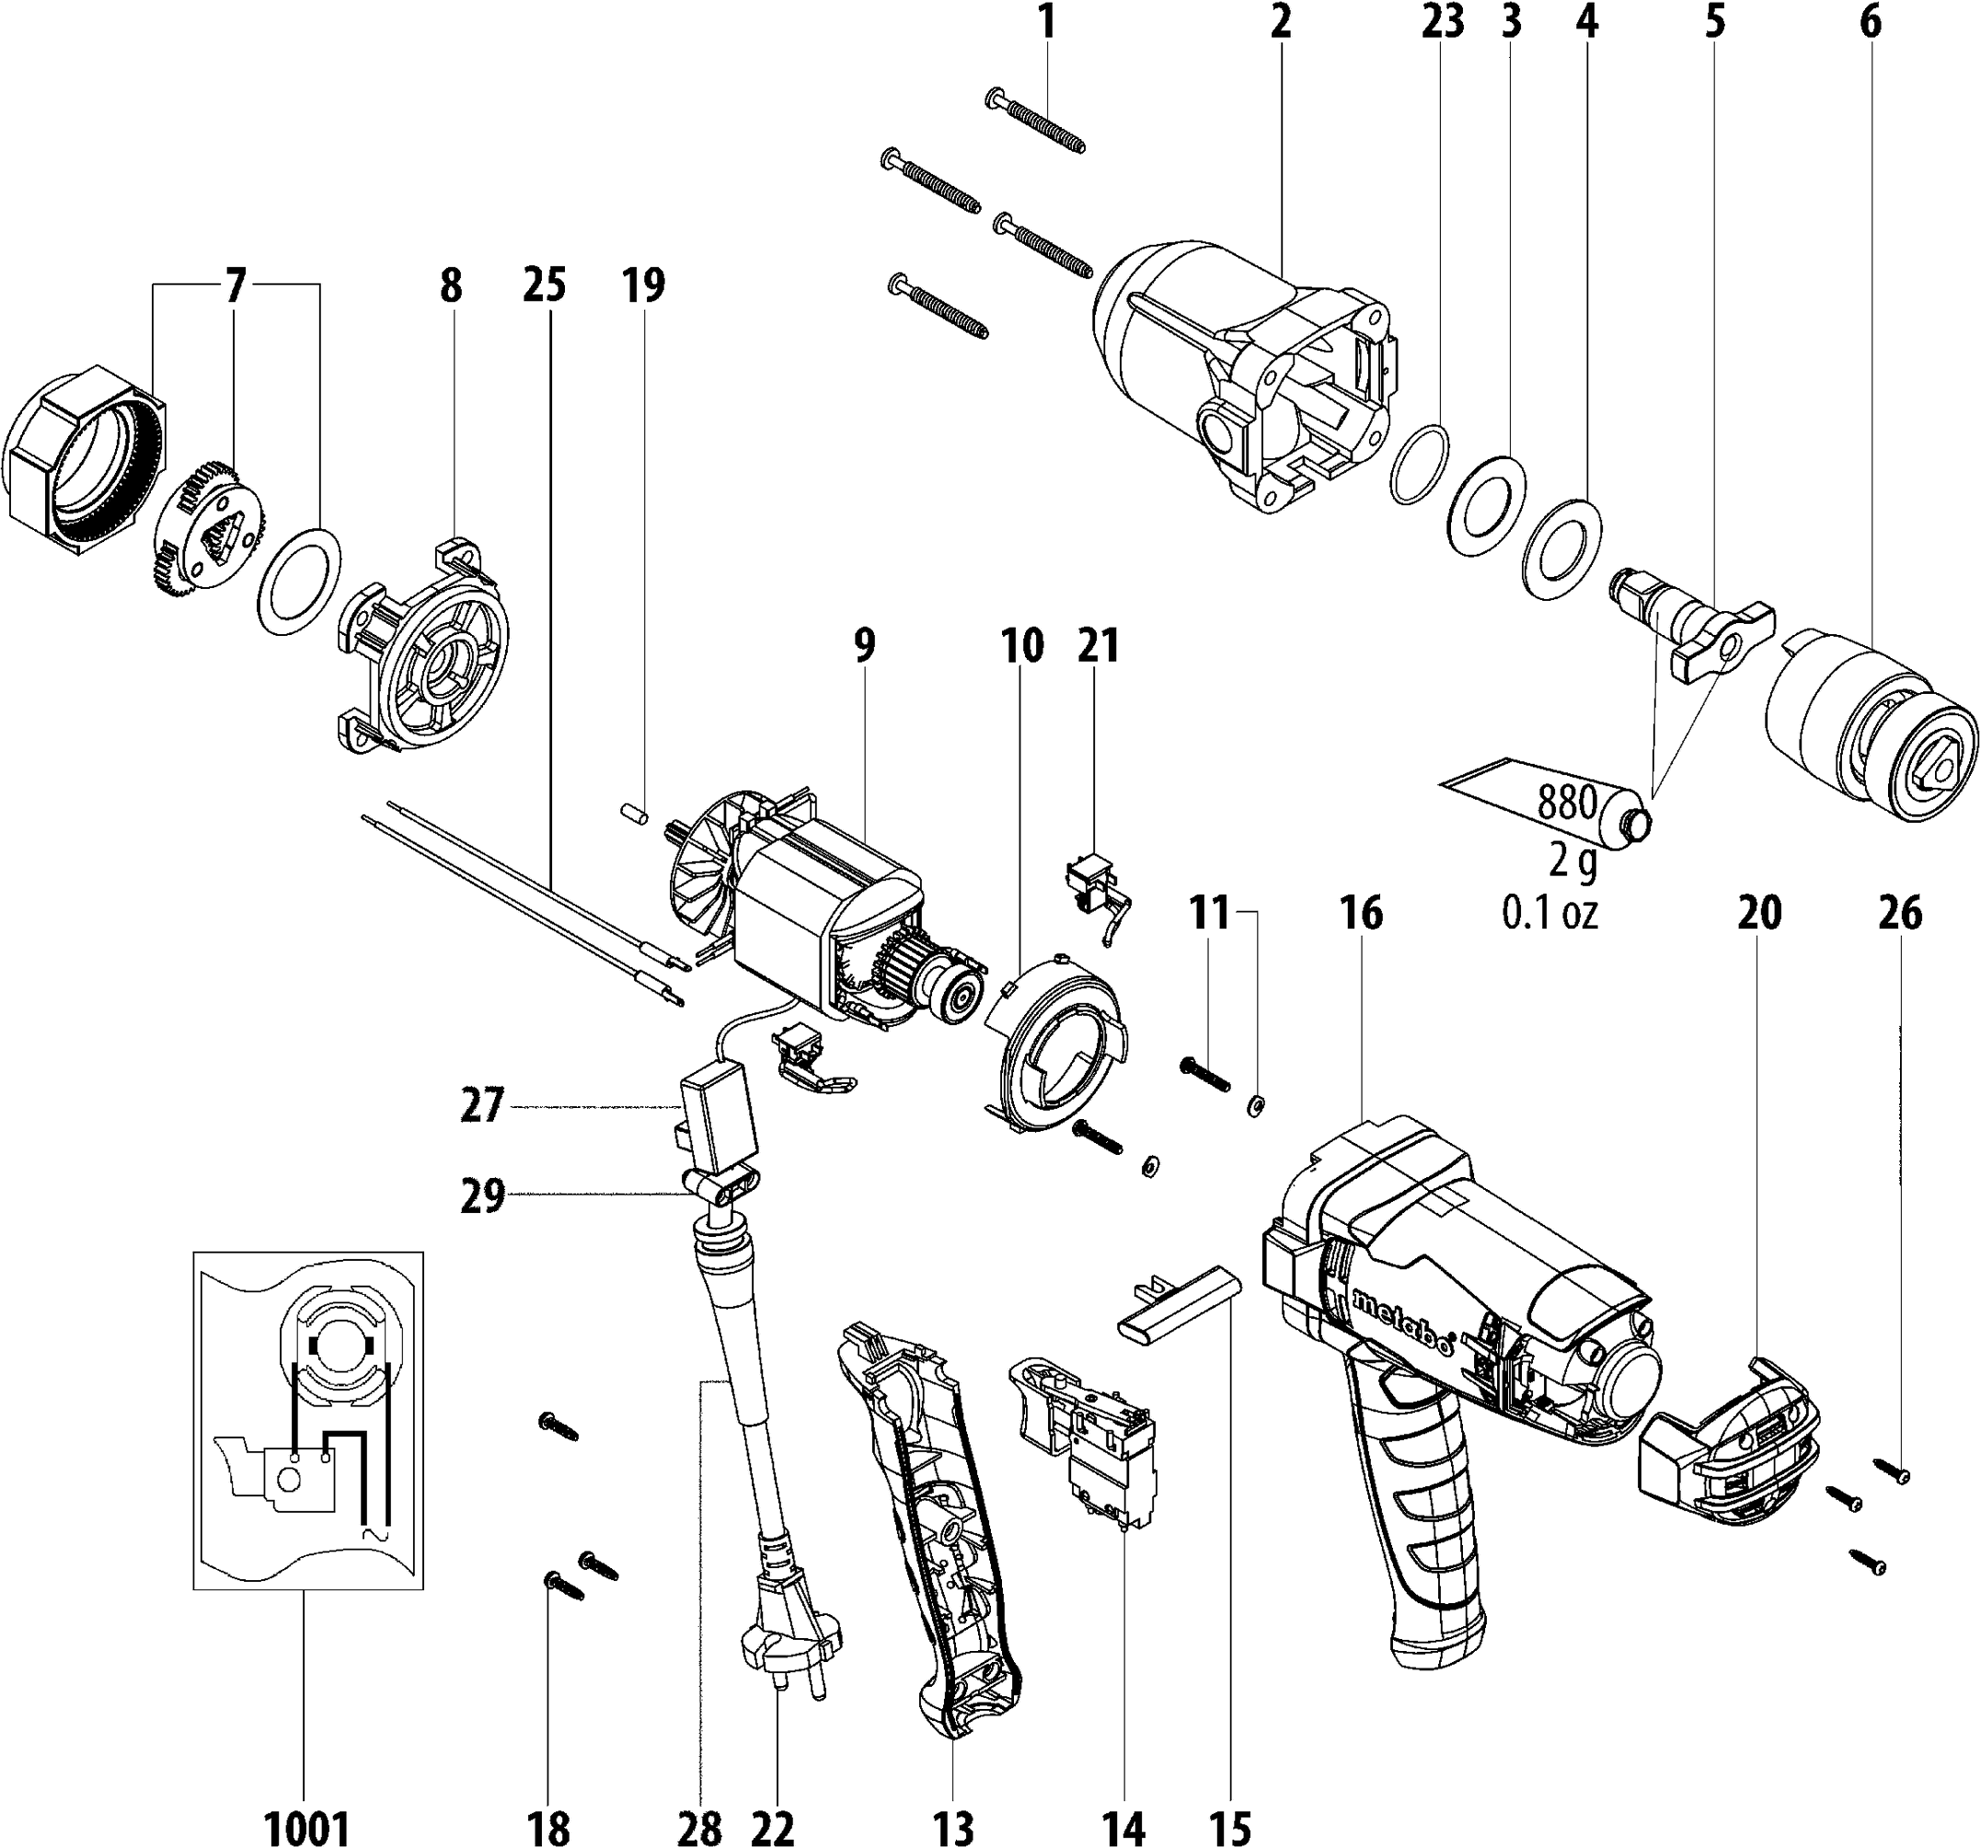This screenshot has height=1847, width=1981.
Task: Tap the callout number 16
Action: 1362,912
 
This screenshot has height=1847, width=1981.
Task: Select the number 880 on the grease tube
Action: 1569,802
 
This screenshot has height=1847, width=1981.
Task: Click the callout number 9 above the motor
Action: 864,645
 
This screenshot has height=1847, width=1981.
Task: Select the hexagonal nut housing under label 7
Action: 84,457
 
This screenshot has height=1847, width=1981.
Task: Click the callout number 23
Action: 1443,23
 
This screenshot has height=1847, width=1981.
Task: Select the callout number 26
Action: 1899,913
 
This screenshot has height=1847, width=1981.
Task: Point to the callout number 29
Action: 482,1195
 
